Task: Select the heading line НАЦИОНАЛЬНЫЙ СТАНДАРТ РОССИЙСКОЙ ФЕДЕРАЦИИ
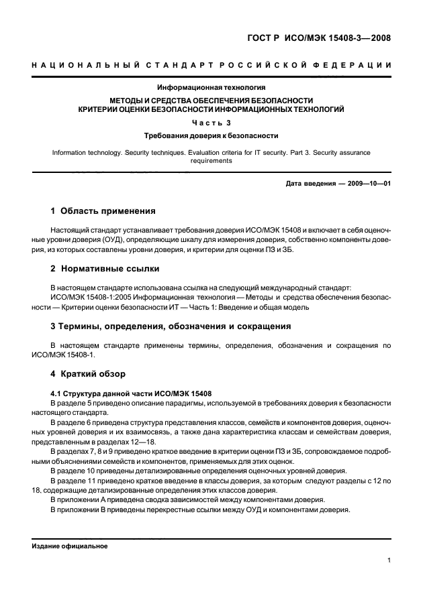tap(211, 65)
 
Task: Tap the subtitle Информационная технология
tap(211, 87)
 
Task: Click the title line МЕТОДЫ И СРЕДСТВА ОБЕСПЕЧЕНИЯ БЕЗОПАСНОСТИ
tap(211, 99)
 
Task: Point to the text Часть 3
tap(211, 122)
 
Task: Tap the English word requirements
tap(211, 161)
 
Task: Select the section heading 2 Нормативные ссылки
tap(105, 269)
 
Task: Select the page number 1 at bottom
tap(389, 562)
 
